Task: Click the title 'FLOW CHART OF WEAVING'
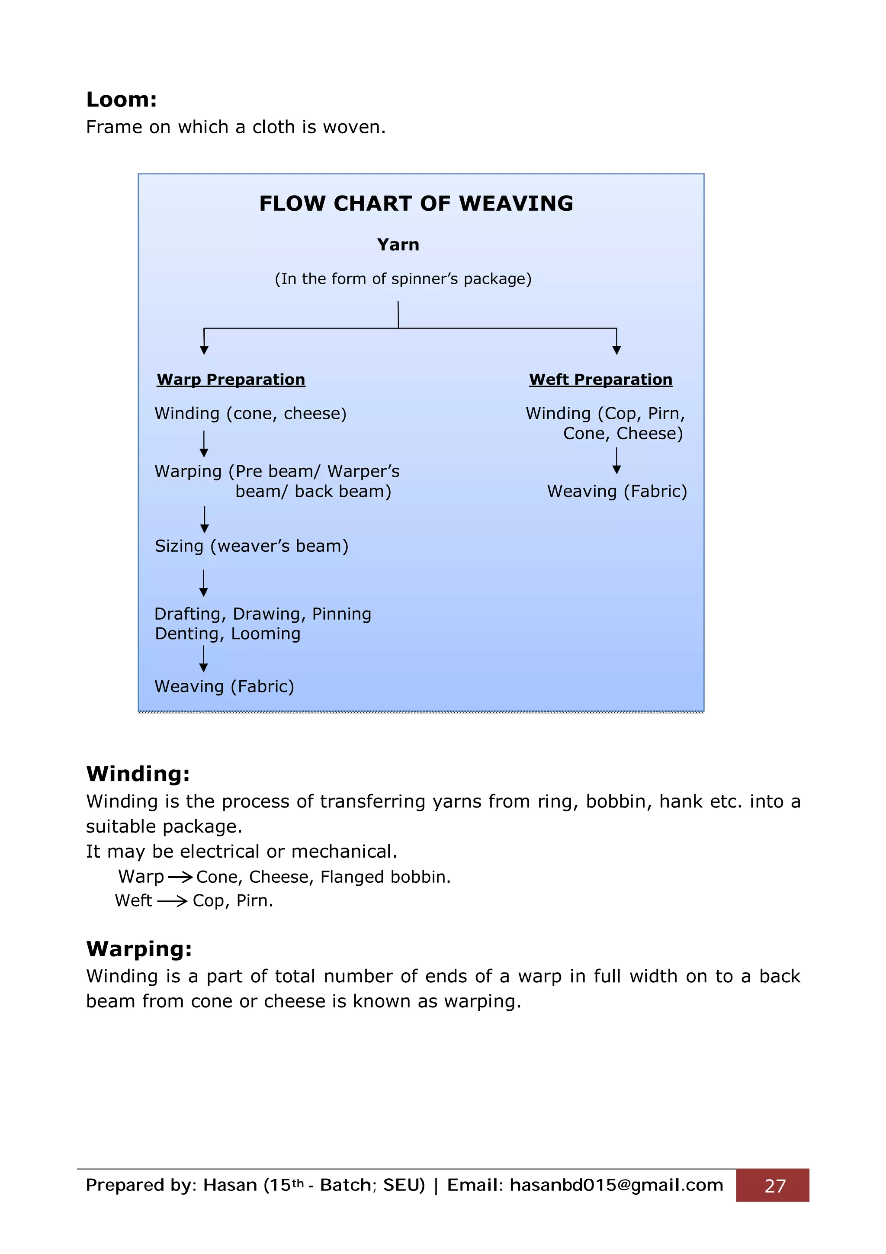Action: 416,204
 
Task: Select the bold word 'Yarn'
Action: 398,244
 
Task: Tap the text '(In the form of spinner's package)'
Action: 403,279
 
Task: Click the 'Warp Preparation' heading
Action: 231,379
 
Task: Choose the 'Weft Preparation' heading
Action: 600,379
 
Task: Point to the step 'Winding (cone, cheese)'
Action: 250,413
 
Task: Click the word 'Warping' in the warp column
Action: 188,471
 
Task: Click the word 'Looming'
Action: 266,633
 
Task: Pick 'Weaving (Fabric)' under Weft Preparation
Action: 617,492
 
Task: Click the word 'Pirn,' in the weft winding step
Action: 666,413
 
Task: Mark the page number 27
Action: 775,1186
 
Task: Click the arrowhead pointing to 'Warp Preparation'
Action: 204,350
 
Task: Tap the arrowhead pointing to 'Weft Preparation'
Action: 617,350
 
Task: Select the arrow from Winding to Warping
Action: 204,444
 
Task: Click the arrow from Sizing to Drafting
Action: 204,583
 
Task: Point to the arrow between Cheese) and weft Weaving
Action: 617,461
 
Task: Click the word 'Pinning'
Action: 342,614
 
